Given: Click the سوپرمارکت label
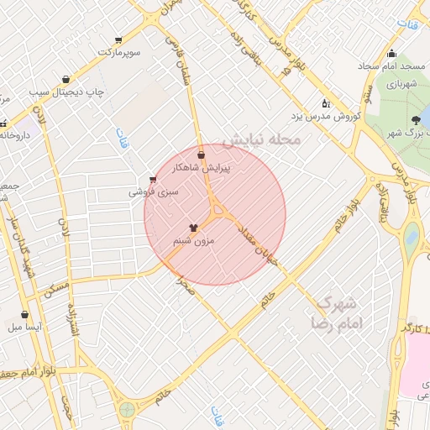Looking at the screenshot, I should pyautogui.click(x=118, y=53).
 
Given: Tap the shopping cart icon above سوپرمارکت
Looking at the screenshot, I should pyautogui.click(x=118, y=40).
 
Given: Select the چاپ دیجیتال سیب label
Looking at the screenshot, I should pyautogui.click(x=65, y=92).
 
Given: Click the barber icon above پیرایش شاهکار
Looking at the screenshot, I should pyautogui.click(x=201, y=155).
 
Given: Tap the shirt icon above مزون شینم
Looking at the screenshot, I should pyautogui.click(x=194, y=227).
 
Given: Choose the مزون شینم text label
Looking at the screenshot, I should pyautogui.click(x=194, y=241).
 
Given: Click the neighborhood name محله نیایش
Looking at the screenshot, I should pyautogui.click(x=265, y=140).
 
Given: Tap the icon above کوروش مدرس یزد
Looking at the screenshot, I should pyautogui.click(x=326, y=103).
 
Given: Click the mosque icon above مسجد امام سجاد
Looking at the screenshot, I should pyautogui.click(x=391, y=55).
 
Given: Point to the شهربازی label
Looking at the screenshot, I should pyautogui.click(x=401, y=84).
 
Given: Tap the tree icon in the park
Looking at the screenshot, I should pyautogui.click(x=417, y=120).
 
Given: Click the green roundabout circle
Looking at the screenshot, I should pyautogui.click(x=127, y=410).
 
